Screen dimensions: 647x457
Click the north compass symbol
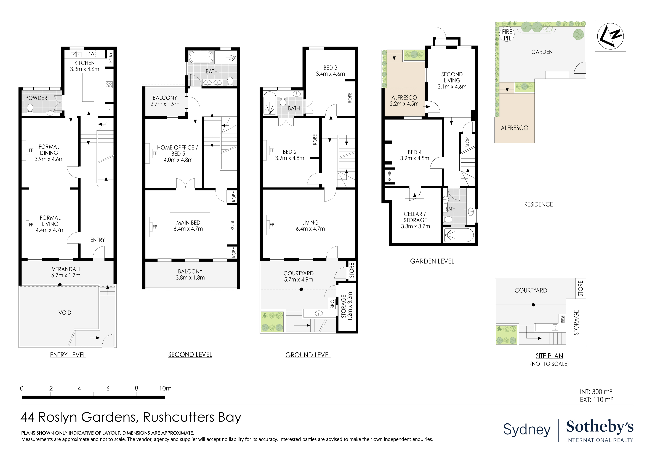point(610,36)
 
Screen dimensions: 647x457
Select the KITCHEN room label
point(84,63)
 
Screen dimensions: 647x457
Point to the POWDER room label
point(36,98)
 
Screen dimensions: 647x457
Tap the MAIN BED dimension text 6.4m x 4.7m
point(188,229)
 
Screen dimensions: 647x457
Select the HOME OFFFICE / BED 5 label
point(178,151)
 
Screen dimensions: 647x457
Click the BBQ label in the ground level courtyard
point(332,304)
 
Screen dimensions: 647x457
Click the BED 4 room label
point(414,152)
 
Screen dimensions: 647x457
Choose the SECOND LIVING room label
point(452,77)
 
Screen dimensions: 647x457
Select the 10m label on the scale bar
point(165,388)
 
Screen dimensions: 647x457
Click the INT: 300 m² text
point(596,392)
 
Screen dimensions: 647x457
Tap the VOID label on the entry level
point(65,313)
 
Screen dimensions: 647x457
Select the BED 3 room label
point(330,68)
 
